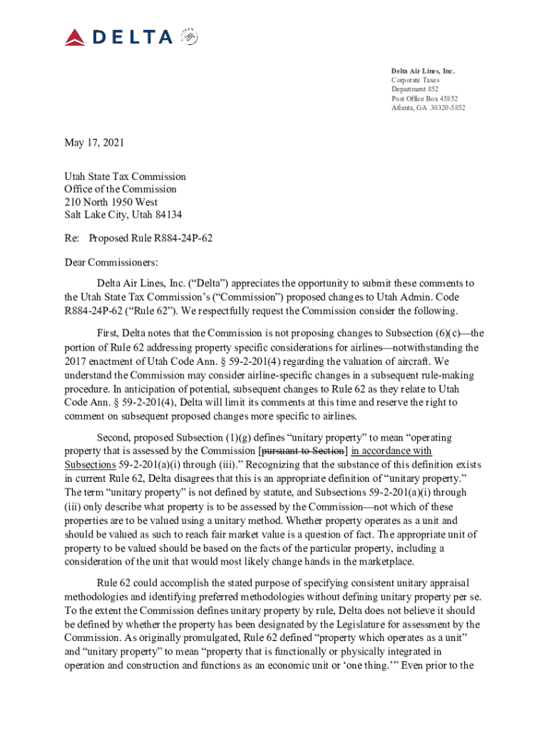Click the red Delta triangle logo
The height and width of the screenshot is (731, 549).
coord(76,37)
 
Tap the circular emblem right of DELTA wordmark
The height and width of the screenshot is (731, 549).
coord(189,36)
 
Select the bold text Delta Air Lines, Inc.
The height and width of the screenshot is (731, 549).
coord(422,71)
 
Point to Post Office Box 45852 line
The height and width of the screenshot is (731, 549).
coord(424,99)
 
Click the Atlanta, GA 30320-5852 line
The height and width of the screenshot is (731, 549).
coord(428,108)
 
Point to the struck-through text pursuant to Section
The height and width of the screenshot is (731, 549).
coord(303,450)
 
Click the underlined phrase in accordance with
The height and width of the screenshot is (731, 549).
coord(392,450)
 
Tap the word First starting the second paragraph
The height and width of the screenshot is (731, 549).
coord(107,333)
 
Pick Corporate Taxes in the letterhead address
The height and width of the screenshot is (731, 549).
coord(415,81)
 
